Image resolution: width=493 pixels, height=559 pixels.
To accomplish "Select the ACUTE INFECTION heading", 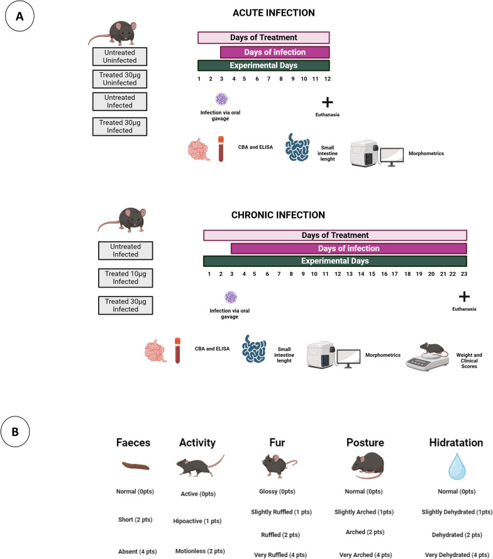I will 263,13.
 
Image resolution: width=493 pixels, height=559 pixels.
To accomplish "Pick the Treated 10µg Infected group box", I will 128,278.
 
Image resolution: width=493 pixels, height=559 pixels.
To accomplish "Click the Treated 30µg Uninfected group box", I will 119,80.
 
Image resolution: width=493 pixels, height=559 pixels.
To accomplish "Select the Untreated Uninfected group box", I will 119,57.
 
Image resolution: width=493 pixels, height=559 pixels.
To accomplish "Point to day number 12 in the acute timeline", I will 327,78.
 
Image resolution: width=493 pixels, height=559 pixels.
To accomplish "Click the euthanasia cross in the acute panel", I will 327,102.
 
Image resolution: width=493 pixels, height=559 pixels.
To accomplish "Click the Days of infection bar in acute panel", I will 274,52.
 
